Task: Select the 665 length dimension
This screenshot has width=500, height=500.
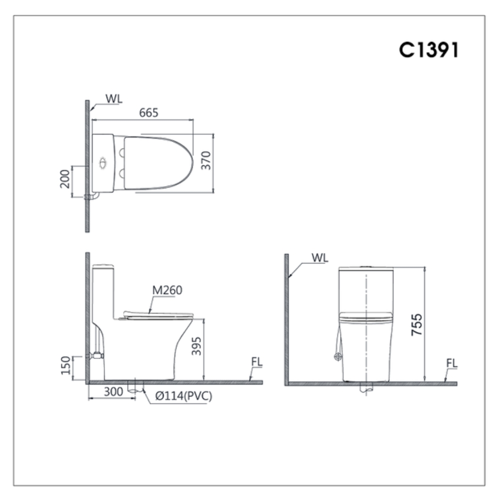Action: (x=148, y=113)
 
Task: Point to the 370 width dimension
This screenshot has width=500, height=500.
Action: (x=206, y=160)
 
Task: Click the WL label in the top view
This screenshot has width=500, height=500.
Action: (x=113, y=98)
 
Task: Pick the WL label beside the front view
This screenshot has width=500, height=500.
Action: (x=319, y=257)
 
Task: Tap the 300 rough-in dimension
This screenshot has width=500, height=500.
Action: (x=113, y=392)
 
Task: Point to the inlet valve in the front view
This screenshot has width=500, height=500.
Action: (x=338, y=356)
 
